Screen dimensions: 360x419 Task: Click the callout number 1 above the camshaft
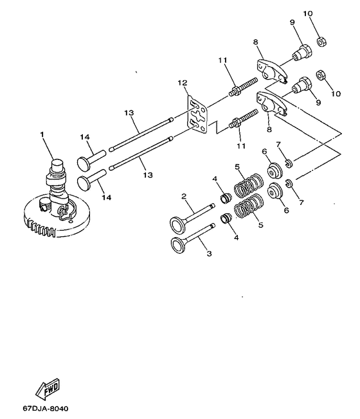click(42, 134)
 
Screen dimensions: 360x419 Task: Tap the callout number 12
click(183, 82)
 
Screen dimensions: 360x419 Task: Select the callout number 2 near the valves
click(184, 197)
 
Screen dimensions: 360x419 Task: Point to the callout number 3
click(210, 253)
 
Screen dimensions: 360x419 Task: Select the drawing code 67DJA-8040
click(46, 409)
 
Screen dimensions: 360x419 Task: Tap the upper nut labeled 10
click(321, 42)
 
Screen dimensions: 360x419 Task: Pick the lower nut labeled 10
click(321, 75)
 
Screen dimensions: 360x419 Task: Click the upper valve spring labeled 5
click(248, 185)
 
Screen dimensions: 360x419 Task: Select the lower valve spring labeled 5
click(249, 206)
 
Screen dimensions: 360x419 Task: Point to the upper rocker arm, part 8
click(271, 71)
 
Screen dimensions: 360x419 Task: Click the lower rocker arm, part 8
click(271, 103)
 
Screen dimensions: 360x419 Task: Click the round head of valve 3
click(177, 245)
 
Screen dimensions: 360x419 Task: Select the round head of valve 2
click(177, 225)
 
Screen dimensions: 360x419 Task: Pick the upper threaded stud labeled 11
click(243, 86)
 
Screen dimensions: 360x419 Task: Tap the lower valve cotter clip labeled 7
click(289, 184)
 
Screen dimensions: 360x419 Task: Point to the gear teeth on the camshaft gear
click(41, 227)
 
